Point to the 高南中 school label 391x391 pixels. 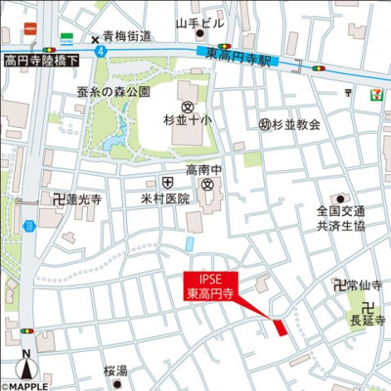click(207, 169)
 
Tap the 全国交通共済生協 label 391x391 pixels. click(340, 217)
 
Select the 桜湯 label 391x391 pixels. click(115, 371)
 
